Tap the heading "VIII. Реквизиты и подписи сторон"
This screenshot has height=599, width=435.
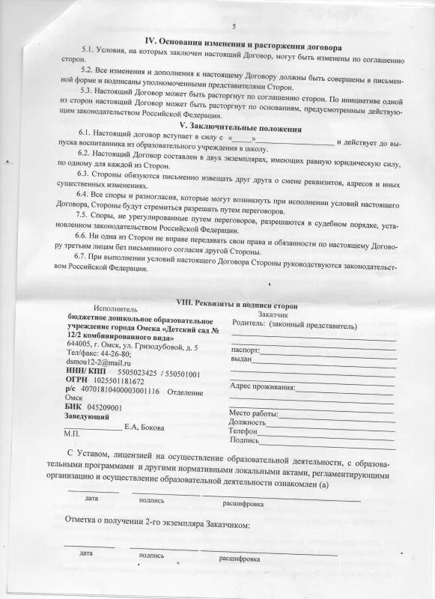(236, 305)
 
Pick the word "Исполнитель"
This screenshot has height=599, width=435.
(115, 308)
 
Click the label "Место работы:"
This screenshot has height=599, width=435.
(254, 413)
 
